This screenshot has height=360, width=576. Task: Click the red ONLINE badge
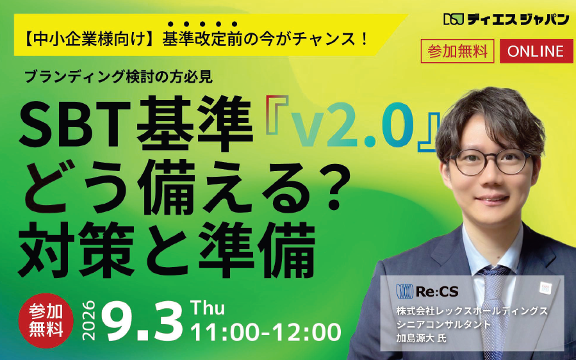(x=536, y=51)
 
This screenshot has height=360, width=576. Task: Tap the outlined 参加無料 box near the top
(x=457, y=51)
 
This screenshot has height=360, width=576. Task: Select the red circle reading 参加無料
(x=46, y=321)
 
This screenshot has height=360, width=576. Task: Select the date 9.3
(x=142, y=322)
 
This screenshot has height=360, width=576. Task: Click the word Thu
(x=208, y=308)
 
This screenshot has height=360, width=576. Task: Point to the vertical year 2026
(x=89, y=321)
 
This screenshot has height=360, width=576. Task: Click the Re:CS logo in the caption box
(x=427, y=291)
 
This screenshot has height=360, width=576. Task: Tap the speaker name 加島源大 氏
(x=421, y=338)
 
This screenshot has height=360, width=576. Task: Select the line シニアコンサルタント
(x=443, y=325)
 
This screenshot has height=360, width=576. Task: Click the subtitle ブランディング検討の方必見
(x=119, y=76)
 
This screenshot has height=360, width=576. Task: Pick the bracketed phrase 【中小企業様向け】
(x=89, y=39)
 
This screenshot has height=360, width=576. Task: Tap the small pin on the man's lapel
(x=545, y=288)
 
